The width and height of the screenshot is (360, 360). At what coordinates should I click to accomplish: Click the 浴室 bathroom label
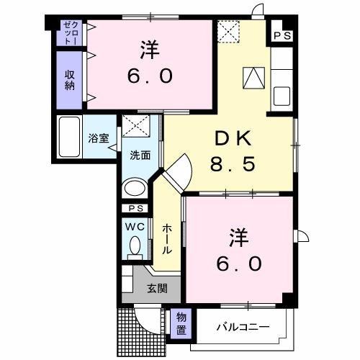click(x=99, y=138)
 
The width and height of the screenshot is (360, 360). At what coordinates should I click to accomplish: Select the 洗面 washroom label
click(x=140, y=154)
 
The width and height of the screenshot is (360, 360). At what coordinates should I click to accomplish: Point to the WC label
click(x=135, y=226)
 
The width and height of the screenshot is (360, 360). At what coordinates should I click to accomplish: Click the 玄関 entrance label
click(x=157, y=289)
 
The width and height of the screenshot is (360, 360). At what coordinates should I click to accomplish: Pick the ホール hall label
click(x=167, y=238)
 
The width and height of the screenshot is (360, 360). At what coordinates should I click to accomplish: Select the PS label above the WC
click(x=135, y=209)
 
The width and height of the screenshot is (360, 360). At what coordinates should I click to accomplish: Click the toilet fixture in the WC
click(x=135, y=247)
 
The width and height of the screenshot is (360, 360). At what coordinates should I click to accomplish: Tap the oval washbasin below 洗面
click(x=135, y=189)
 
